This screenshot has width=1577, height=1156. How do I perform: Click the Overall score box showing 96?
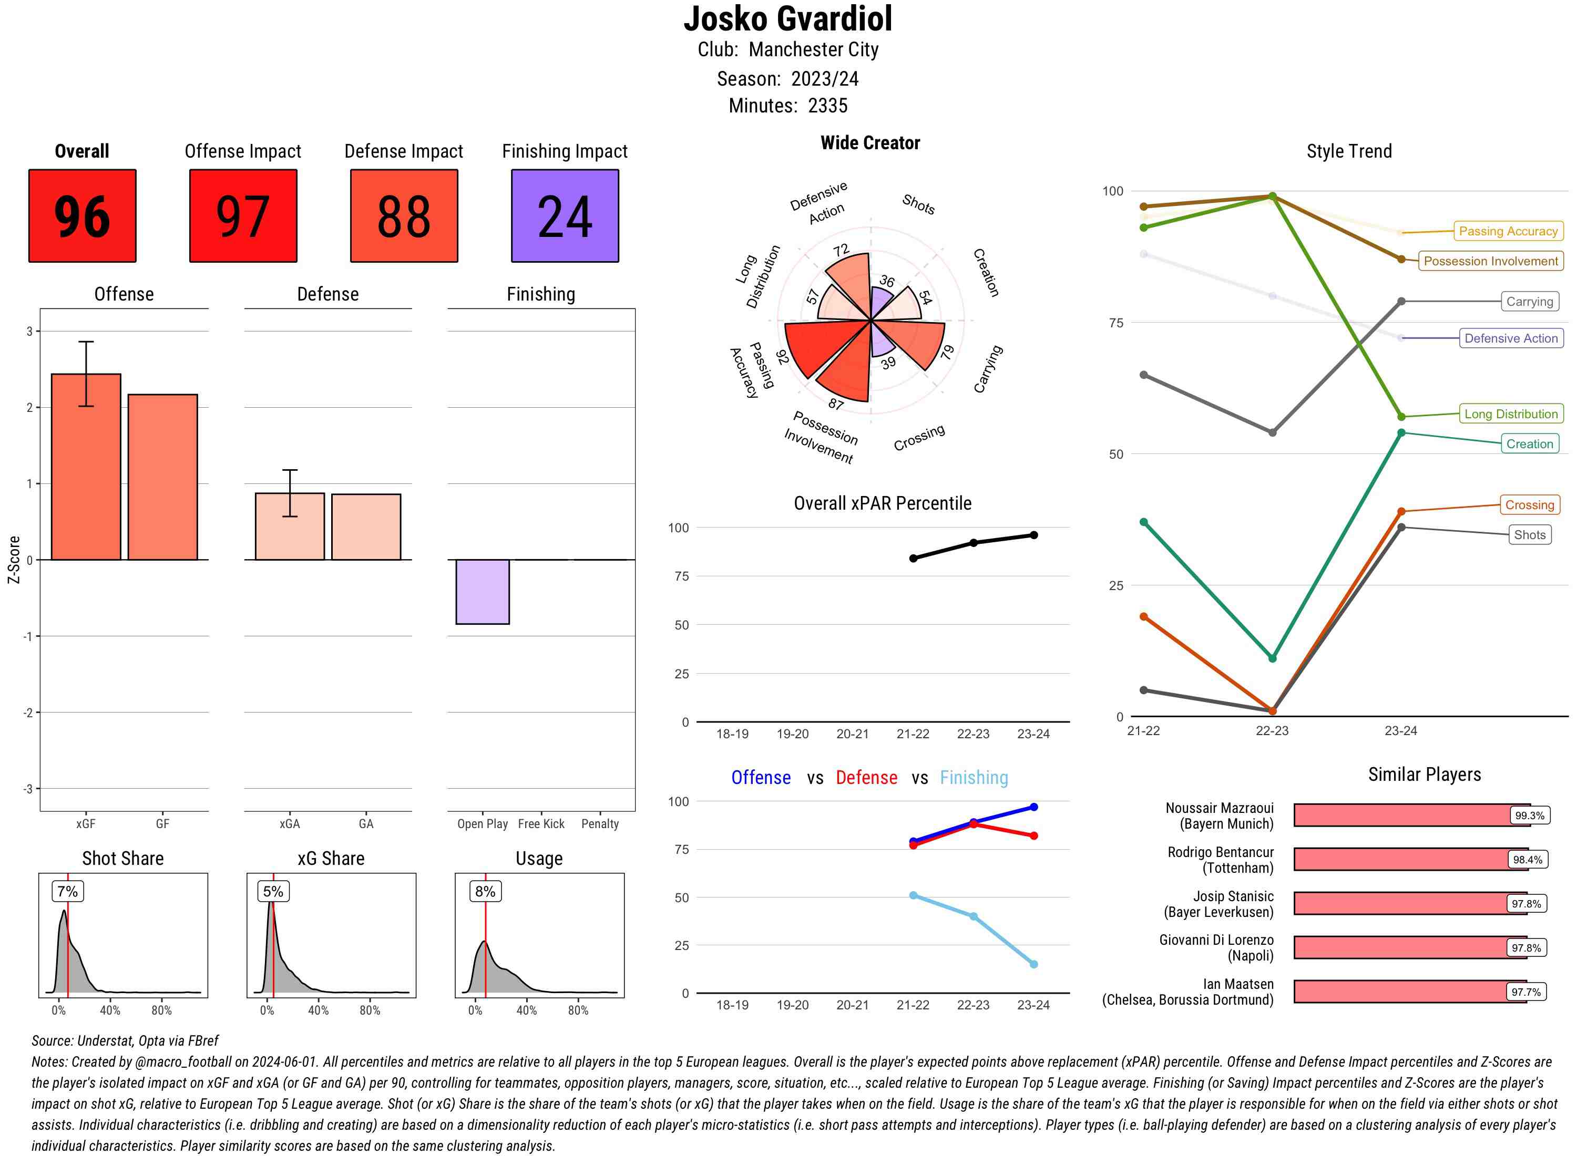point(82,215)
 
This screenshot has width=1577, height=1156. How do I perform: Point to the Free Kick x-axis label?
point(541,823)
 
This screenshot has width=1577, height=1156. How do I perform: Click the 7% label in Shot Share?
point(67,891)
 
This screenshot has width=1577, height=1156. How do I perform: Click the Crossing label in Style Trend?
point(1529,504)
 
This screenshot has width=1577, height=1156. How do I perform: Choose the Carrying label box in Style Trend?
point(1529,302)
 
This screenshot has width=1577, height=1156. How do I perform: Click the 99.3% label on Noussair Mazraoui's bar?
point(1529,815)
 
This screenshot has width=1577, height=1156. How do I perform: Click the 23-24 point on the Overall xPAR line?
point(1034,535)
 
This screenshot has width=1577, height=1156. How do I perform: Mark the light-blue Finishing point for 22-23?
point(974,916)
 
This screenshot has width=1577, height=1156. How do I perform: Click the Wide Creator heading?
point(870,143)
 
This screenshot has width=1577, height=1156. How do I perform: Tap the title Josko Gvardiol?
point(788,19)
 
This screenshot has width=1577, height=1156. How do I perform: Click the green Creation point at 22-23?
point(1272,658)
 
